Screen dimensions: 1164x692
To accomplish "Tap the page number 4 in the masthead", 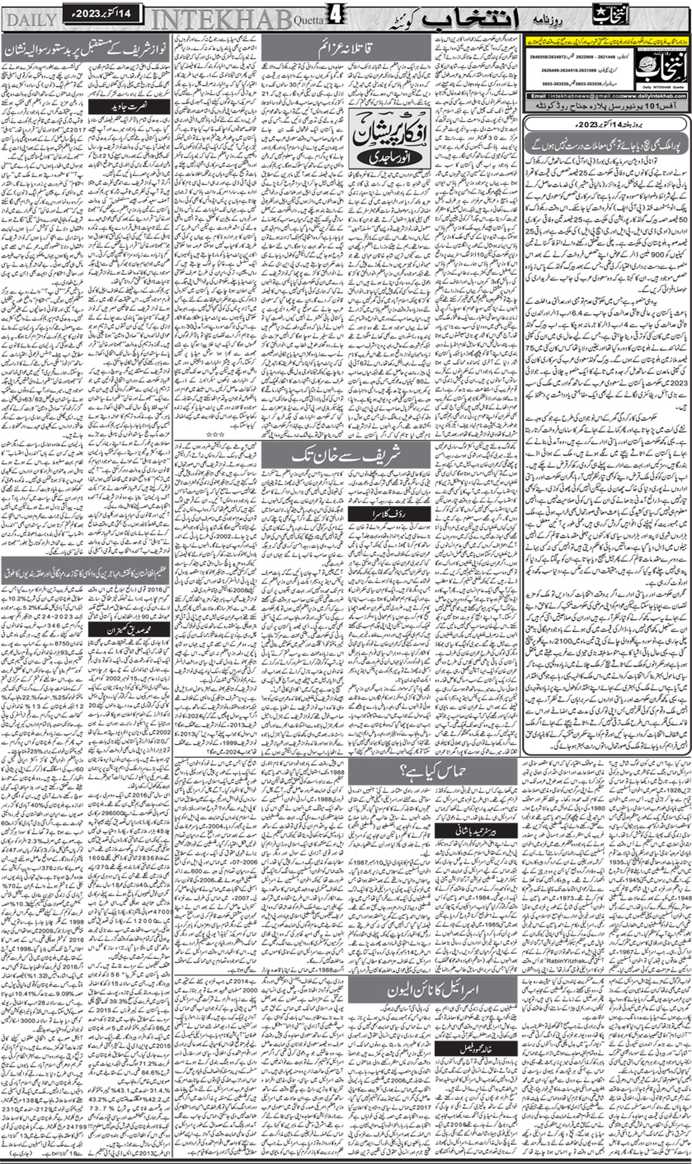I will point(336,17).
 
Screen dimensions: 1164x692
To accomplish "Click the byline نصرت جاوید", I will point(132,106).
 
